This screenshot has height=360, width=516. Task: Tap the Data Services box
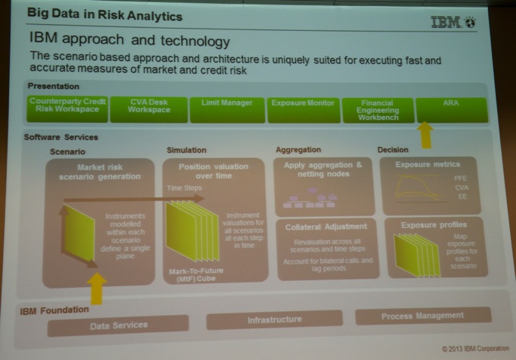point(118,325)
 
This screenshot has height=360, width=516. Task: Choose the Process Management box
point(422,316)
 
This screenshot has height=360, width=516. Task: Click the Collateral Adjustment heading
point(325,226)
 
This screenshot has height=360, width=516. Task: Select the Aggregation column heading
point(298,150)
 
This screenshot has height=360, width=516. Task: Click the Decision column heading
point(392,150)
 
